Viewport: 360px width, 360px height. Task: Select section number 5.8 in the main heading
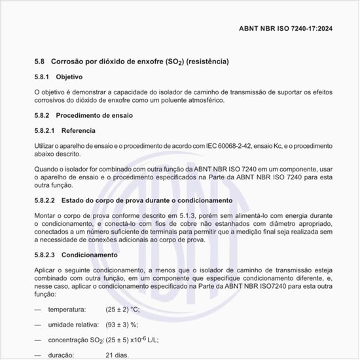tap(39, 61)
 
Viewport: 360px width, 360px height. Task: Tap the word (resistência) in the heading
tap(207, 61)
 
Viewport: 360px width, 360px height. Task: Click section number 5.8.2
tap(43, 115)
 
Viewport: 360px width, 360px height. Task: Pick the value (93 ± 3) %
tap(122, 325)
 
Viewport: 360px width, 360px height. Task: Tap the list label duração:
tap(62, 355)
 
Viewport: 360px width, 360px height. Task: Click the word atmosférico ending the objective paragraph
tap(204, 101)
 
